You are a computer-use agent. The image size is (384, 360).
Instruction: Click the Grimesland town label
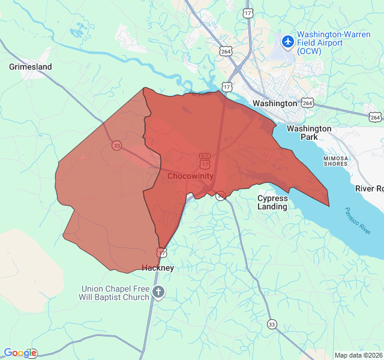[x=31, y=67]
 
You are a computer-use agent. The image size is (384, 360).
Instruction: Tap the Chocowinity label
[x=190, y=176]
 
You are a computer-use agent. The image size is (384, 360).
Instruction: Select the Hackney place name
[x=158, y=268]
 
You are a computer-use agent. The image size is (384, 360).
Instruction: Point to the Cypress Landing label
[x=272, y=202]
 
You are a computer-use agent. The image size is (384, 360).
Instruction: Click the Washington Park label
[x=309, y=133]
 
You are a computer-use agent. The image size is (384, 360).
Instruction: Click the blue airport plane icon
[x=288, y=41]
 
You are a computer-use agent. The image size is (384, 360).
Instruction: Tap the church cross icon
[x=158, y=293]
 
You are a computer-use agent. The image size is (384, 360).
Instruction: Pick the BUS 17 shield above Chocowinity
[x=205, y=160]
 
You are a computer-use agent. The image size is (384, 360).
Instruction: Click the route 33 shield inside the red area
[x=116, y=146]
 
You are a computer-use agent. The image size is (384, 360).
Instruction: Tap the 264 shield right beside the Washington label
[x=307, y=103]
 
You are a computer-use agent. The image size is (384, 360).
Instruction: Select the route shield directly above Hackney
[x=161, y=253]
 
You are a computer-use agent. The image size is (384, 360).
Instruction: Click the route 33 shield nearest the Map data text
[x=272, y=325]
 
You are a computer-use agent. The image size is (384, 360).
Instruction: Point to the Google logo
[x=20, y=353]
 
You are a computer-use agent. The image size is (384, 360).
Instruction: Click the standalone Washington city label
[x=275, y=103]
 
